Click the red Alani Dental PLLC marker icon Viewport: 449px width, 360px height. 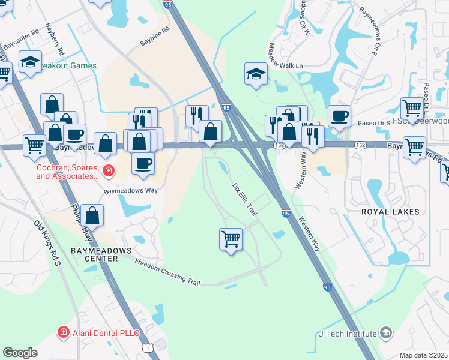(62, 332)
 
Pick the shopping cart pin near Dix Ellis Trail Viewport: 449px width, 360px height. (231, 239)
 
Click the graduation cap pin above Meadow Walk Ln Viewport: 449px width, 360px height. (256, 74)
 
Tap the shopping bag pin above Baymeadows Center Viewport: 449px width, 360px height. (93, 215)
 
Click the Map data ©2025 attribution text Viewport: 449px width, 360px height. (423, 355)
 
